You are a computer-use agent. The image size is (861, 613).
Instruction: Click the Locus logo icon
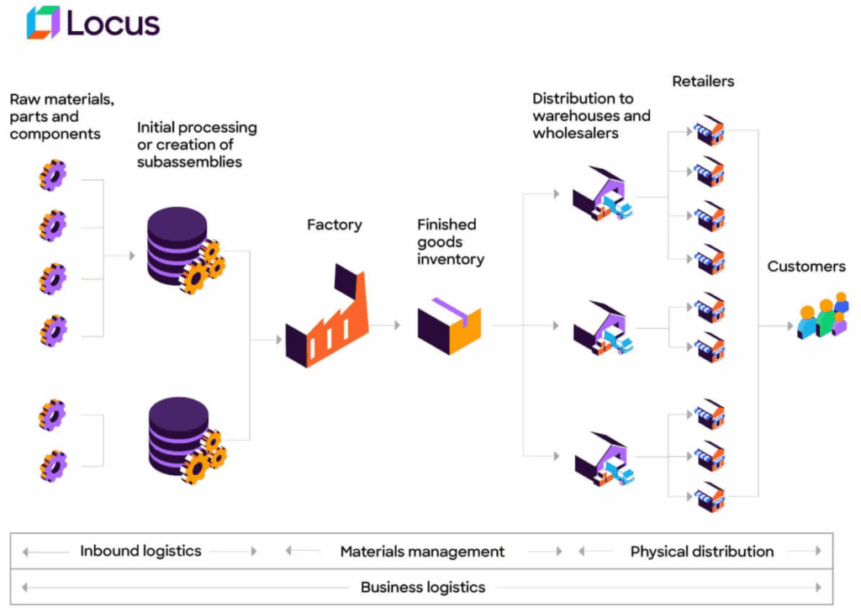click(43, 23)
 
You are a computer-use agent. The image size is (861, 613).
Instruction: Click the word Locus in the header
click(113, 24)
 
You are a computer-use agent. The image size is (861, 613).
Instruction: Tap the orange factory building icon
click(327, 318)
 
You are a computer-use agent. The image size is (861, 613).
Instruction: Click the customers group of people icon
click(822, 317)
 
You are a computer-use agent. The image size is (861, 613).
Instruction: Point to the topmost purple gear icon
click(53, 177)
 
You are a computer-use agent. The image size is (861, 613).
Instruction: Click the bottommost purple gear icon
click(53, 466)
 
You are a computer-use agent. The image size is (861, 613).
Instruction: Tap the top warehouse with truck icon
click(602, 194)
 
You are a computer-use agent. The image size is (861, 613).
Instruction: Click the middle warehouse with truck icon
click(602, 328)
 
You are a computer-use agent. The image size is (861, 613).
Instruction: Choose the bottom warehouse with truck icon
click(604, 460)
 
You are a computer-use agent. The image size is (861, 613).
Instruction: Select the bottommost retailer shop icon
click(710, 497)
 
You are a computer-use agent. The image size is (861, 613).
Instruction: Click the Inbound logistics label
click(140, 552)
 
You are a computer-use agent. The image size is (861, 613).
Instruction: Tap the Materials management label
click(422, 552)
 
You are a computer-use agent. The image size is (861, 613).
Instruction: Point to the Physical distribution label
click(701, 552)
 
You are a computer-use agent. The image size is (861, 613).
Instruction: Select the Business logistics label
click(422, 587)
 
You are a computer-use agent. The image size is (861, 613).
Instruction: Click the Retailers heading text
click(703, 82)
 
